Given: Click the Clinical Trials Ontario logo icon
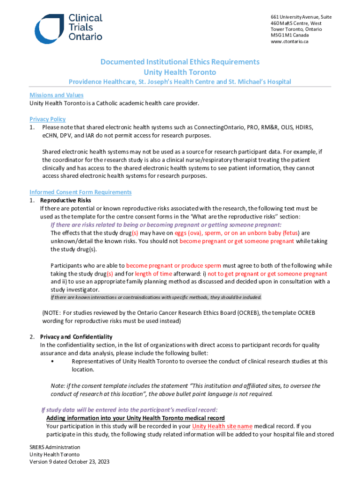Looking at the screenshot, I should point(49,29).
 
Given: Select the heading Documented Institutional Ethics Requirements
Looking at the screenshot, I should point(180,62).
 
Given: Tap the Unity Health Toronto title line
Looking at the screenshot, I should point(180,72).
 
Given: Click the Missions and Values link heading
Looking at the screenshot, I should point(57,95).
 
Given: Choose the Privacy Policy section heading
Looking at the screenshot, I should point(48,119).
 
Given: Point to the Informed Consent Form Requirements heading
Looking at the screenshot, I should point(80,192).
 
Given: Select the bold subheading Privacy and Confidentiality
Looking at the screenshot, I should point(76,337).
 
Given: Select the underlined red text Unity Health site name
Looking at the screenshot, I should point(223,426).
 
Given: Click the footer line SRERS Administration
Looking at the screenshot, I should point(55,447).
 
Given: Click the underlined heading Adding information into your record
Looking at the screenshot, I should point(136,418).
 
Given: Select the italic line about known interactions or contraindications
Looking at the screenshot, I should point(156,298).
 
